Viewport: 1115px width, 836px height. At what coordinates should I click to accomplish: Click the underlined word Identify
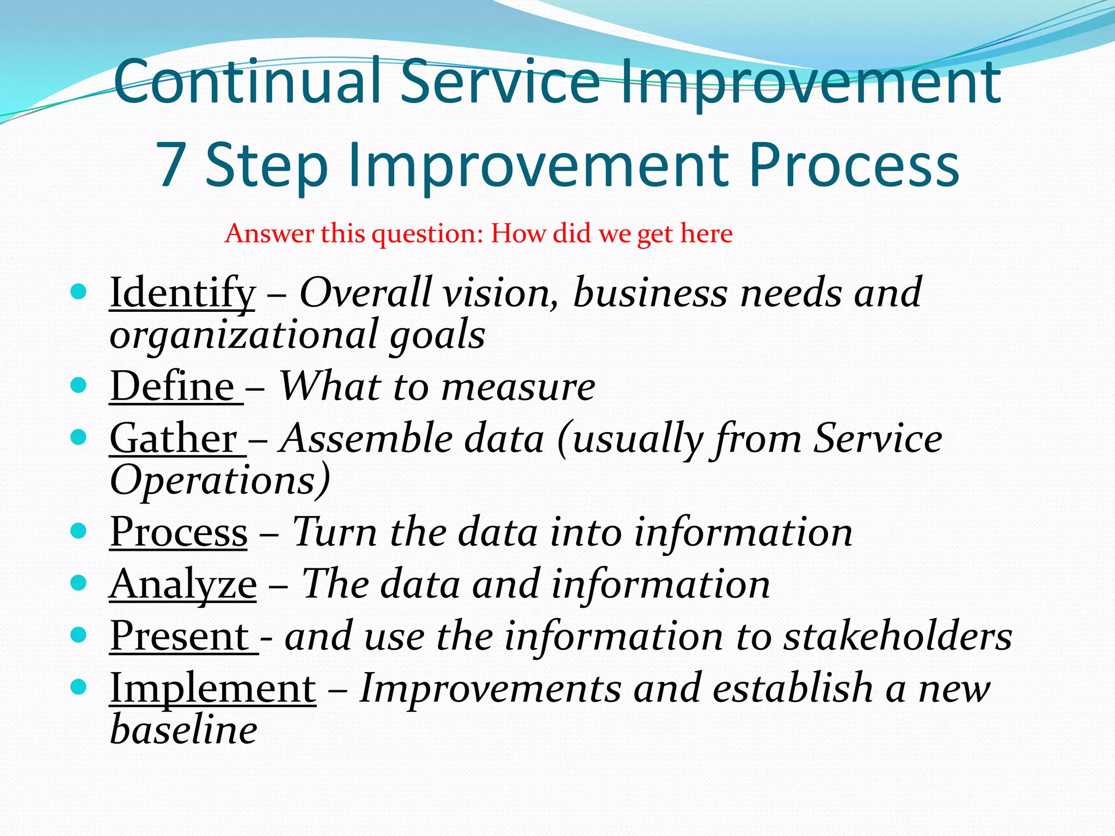coord(182,293)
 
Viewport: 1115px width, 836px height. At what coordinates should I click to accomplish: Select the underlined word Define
coord(173,386)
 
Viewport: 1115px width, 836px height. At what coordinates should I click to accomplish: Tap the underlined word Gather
coord(174,439)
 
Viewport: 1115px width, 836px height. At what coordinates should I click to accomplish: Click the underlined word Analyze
coord(183,584)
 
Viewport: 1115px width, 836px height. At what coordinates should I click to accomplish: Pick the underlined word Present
coord(180,636)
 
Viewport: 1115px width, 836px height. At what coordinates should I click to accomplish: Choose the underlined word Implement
coord(213,689)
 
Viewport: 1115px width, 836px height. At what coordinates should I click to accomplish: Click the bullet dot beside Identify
coord(79,292)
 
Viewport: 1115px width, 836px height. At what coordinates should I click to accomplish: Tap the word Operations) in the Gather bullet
coord(220,481)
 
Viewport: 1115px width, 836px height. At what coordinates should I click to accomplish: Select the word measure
coord(518,387)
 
